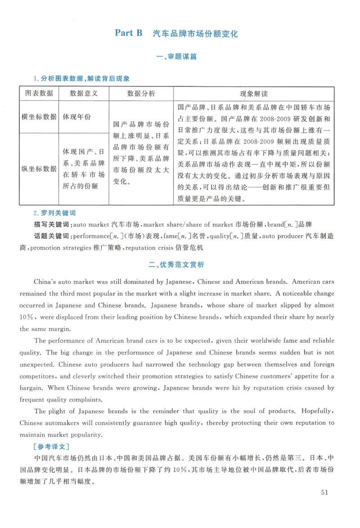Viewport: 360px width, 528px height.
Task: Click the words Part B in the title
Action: pos(128,33)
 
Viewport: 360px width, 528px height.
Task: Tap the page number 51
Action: pos(326,492)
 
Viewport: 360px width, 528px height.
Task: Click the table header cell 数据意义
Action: pos(83,94)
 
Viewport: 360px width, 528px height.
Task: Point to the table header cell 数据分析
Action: pos(141,94)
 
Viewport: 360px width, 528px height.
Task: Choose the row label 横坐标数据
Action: pos(39,116)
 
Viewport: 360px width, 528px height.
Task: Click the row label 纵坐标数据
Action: pos(39,169)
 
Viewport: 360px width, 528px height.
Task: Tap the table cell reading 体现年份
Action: pos(76,116)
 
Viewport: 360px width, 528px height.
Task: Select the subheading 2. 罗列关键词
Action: pos(53,213)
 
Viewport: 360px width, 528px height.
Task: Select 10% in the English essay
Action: pos(27,317)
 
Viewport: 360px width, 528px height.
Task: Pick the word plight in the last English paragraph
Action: pos(59,411)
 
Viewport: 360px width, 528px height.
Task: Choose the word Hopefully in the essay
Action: pos(317,411)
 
